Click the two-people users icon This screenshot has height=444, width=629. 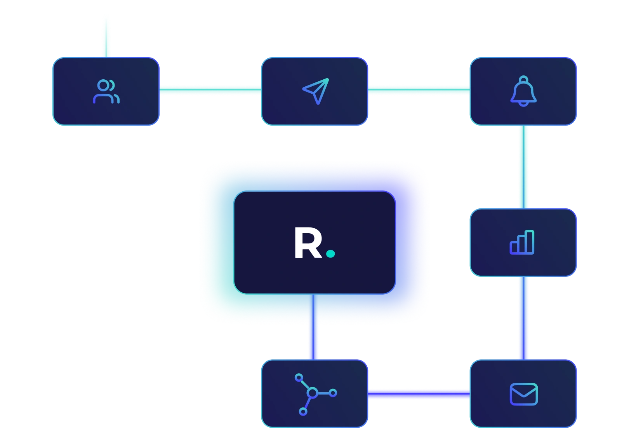(x=106, y=92)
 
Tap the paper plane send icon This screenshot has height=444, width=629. (x=315, y=91)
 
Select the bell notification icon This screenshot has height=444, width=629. (x=523, y=91)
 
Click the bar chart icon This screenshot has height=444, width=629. (x=522, y=242)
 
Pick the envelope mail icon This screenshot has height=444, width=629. (x=523, y=394)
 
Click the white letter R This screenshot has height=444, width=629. (x=308, y=243)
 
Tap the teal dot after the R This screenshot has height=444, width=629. (x=330, y=254)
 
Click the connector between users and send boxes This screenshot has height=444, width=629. (x=210, y=90)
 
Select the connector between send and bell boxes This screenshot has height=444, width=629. (x=419, y=90)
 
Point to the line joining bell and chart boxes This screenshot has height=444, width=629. (x=523, y=166)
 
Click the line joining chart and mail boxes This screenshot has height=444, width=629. (x=523, y=317)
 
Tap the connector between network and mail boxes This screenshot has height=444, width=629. (x=419, y=394)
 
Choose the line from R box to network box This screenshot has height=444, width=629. (x=313, y=327)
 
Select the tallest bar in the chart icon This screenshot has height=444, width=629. (x=530, y=242)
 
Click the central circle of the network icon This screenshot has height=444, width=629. (x=312, y=393)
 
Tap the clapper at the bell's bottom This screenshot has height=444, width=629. (x=523, y=103)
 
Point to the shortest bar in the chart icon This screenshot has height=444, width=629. (x=514, y=247)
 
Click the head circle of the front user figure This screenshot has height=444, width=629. (x=103, y=86)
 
